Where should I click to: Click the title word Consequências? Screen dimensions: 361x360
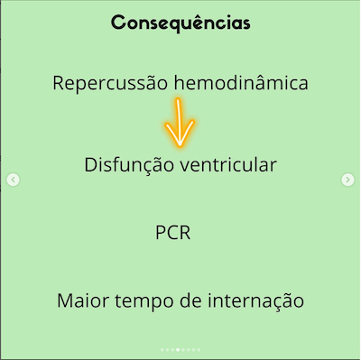click(x=180, y=22)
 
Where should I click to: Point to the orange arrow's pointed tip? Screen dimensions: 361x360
click(x=180, y=145)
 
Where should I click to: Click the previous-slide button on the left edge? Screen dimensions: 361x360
click(x=13, y=180)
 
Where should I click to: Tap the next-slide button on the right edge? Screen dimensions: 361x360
click(x=347, y=180)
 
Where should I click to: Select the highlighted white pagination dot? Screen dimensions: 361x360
click(x=179, y=348)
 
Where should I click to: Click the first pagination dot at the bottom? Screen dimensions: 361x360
click(x=162, y=348)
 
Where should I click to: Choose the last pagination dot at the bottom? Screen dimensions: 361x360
click(x=200, y=348)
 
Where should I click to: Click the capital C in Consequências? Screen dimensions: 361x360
click(x=119, y=22)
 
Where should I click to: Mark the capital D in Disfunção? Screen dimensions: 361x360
click(x=90, y=166)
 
